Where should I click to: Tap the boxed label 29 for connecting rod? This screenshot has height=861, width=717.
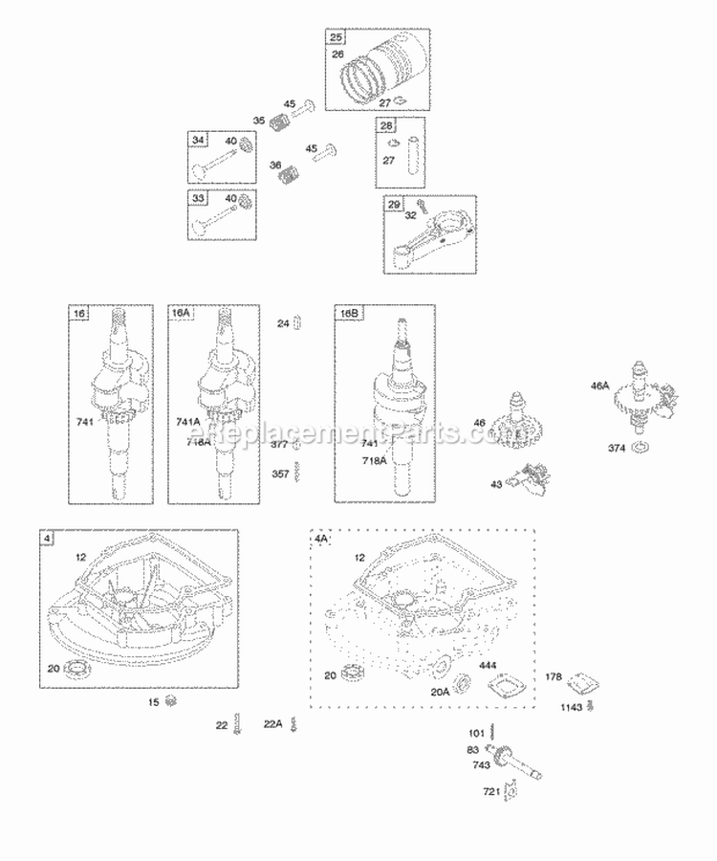[x=394, y=205]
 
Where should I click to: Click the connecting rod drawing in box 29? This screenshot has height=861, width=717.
[x=428, y=245]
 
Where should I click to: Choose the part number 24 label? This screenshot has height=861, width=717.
[x=283, y=323]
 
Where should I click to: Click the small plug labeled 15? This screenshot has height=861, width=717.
[x=172, y=703]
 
